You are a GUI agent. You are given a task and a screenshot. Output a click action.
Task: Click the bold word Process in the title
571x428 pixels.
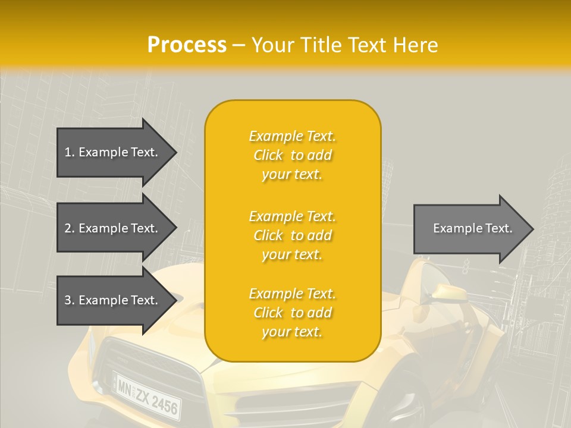click(187, 45)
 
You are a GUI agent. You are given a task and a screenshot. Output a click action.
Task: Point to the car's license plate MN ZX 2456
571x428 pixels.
click(148, 395)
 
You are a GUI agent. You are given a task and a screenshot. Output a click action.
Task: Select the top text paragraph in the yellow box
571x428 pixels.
click(292, 155)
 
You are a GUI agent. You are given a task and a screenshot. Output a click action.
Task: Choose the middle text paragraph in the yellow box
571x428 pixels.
click(292, 235)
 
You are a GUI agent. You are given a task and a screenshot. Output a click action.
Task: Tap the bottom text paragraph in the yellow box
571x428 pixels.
click(292, 313)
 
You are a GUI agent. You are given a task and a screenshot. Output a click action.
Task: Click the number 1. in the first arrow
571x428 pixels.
click(70, 152)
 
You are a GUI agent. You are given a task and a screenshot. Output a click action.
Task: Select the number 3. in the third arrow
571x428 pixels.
click(70, 300)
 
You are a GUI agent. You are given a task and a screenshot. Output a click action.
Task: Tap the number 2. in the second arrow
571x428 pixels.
click(70, 228)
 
